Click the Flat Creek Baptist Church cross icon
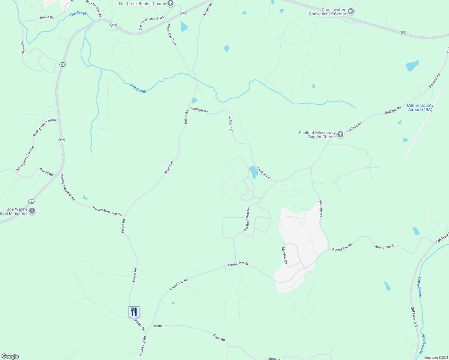click(170, 4)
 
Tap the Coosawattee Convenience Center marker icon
click(351, 12)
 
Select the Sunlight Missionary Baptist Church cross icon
click(340, 134)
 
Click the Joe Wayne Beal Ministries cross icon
click(32, 211)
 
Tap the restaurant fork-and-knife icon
click(134, 312)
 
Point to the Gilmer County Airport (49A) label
click(420, 107)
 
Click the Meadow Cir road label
click(284, 256)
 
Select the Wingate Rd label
click(321, 208)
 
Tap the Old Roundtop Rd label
click(247, 219)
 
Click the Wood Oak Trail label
click(172, 35)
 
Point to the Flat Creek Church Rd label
click(151, 22)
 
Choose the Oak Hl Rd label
click(46, 172)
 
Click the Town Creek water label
click(420, 286)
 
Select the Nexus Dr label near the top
click(46, 17)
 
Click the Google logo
click(10, 356)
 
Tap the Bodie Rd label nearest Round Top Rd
click(161, 326)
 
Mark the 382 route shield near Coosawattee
click(403, 33)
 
